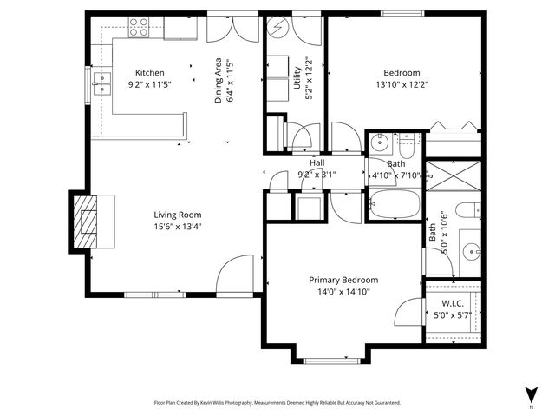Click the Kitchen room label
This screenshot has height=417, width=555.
point(149,73)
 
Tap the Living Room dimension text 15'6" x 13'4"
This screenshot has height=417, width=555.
point(178,228)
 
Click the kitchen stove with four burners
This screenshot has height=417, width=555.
point(138,27)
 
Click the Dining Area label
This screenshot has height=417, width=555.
point(219,81)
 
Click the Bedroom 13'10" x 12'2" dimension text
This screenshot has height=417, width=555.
point(402,86)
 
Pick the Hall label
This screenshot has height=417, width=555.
point(317,162)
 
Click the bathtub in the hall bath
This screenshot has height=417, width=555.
point(393,206)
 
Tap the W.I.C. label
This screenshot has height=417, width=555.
point(451,303)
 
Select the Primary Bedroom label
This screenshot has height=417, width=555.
point(343,280)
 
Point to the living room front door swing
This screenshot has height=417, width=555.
point(234,274)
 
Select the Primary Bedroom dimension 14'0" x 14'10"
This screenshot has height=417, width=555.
point(343,293)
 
